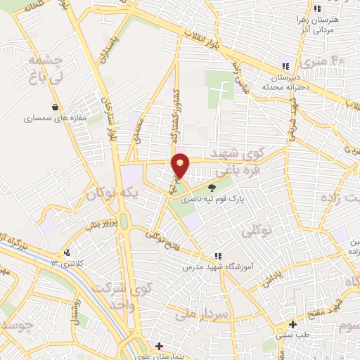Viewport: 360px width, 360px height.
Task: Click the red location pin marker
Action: [181, 165]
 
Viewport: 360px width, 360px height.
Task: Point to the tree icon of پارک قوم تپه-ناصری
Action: [212, 187]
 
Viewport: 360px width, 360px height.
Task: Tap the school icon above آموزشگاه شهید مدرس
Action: [217, 256]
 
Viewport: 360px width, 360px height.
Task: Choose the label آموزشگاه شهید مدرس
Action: [217, 267]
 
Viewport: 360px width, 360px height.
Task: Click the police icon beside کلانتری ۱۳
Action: [66, 252]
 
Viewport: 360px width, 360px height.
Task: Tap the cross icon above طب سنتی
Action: [292, 326]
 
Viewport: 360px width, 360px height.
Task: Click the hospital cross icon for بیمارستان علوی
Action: [159, 346]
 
